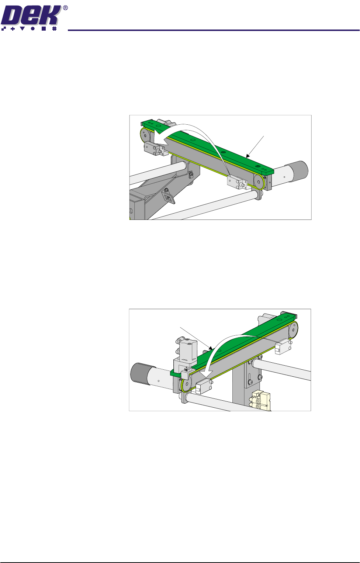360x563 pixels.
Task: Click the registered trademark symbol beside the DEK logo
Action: pyautogui.click(x=65, y=8)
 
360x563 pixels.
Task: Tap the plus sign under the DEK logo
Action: pyautogui.click(x=13, y=29)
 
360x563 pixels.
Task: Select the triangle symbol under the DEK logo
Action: pyautogui.click(x=22, y=29)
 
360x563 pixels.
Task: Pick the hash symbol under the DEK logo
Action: pyautogui.click(x=54, y=29)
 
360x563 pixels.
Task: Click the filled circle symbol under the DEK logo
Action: pyautogui.click(x=33, y=29)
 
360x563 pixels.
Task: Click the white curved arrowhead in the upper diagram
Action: pyautogui.click(x=160, y=139)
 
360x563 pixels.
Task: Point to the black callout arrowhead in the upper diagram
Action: pyautogui.click(x=248, y=156)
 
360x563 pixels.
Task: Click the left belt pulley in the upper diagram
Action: pyautogui.click(x=145, y=136)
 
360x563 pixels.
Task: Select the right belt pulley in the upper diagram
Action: pyautogui.click(x=259, y=182)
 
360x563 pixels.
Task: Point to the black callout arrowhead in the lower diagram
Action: pyautogui.click(x=211, y=348)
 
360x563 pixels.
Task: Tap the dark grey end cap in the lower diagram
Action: pyautogui.click(x=140, y=373)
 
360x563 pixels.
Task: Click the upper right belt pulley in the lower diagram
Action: pyautogui.click(x=293, y=330)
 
